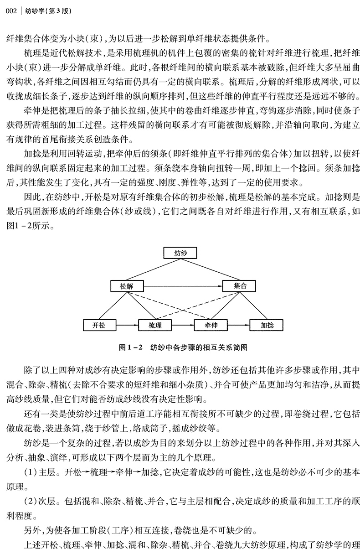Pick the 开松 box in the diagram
99,325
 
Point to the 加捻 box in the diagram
267,325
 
